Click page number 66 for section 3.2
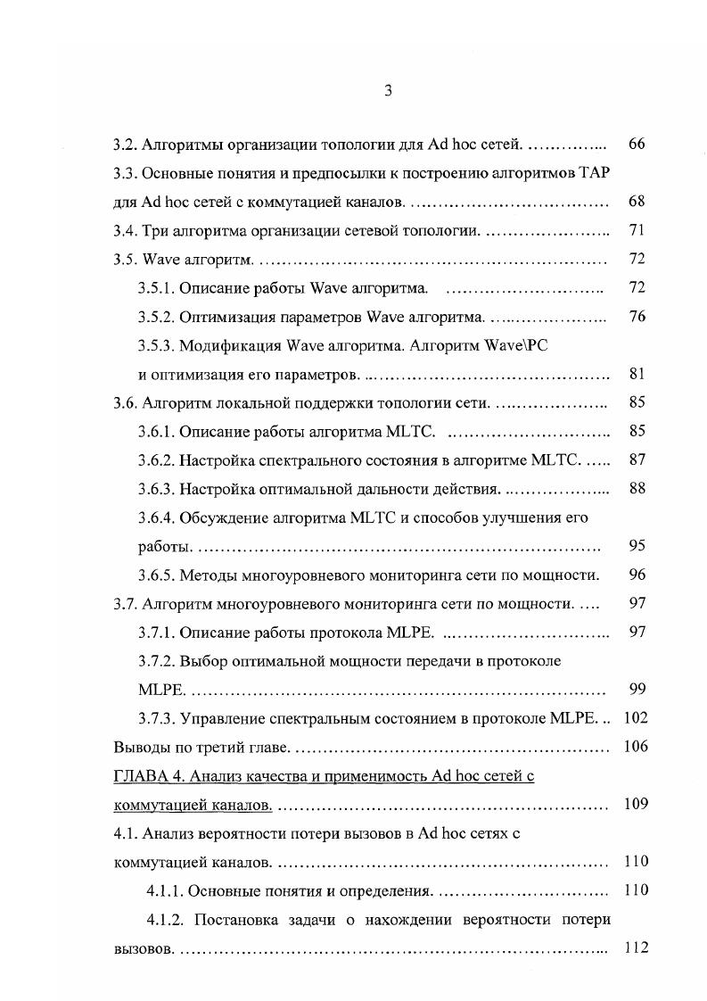coord(636,144)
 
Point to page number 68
coord(636,202)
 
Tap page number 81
coord(636,374)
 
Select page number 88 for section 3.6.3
coord(636,489)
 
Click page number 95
coord(636,546)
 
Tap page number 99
coord(636,690)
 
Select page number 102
coord(636,718)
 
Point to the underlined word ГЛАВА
coord(137,776)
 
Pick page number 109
coord(636,805)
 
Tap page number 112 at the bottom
coord(636,948)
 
